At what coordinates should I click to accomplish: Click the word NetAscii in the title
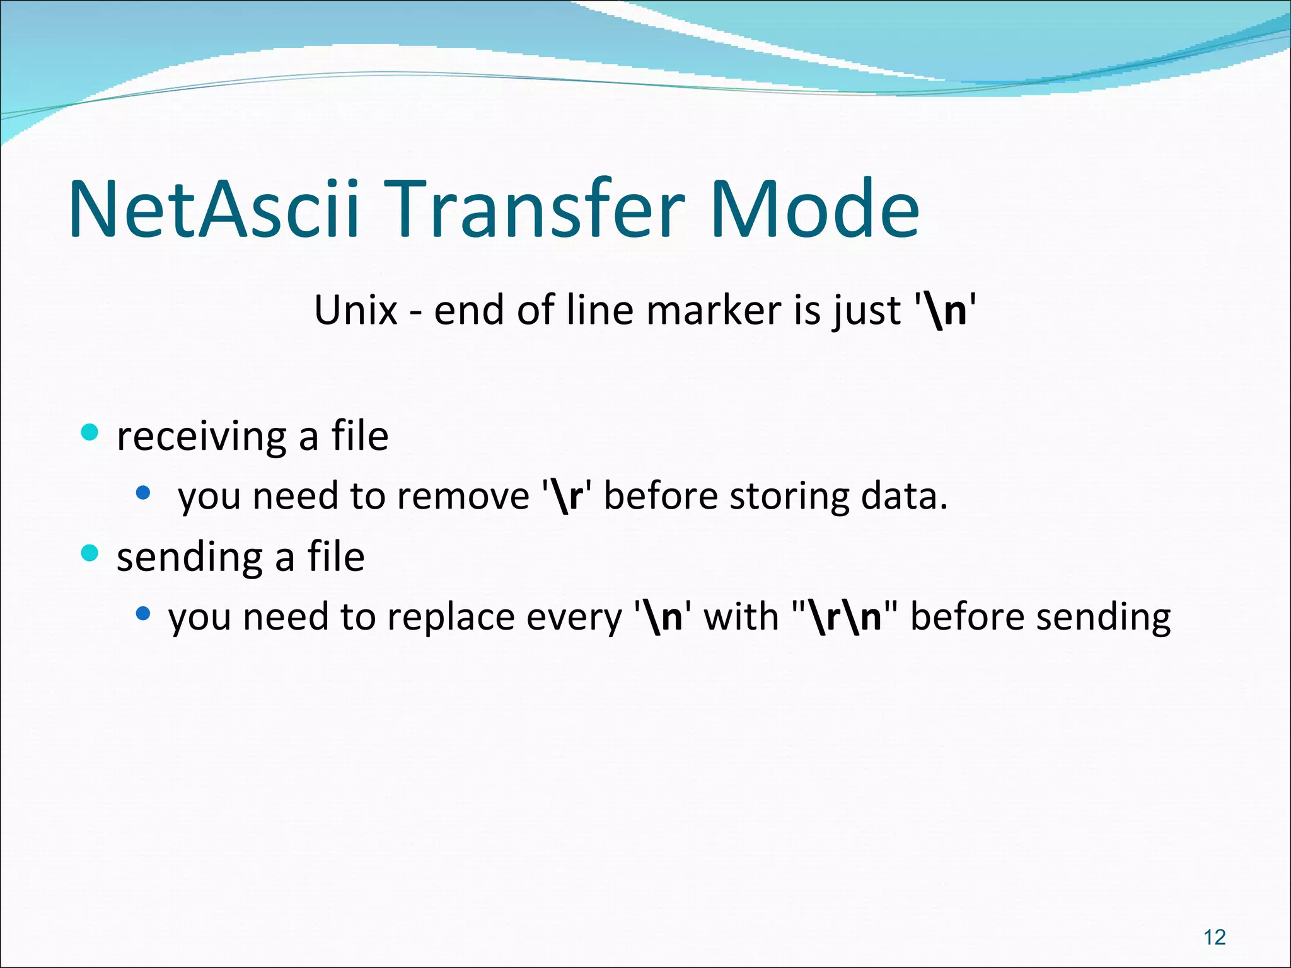coord(214,209)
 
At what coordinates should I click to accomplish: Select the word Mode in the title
coord(814,209)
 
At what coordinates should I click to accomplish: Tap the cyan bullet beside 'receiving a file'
coord(90,432)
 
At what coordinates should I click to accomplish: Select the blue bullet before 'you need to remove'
coord(143,492)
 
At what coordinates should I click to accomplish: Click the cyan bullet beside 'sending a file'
coord(90,553)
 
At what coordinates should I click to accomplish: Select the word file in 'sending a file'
coord(336,557)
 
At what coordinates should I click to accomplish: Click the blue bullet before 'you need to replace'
coord(143,613)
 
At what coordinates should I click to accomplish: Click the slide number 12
coord(1215,938)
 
